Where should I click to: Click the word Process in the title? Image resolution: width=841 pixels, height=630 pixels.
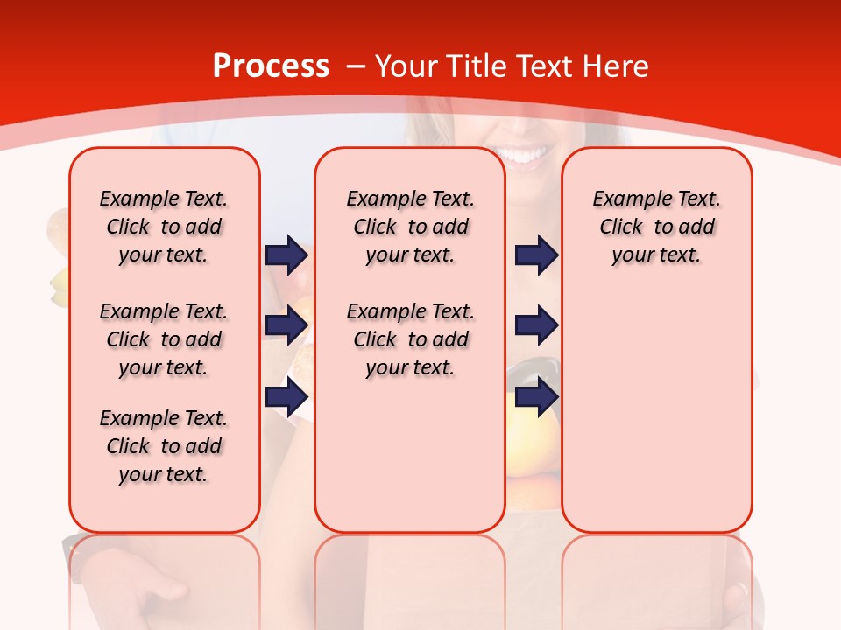click(x=271, y=66)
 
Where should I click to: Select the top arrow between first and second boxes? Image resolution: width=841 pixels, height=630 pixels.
click(x=286, y=255)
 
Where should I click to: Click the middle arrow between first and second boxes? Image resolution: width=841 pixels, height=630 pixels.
click(x=286, y=325)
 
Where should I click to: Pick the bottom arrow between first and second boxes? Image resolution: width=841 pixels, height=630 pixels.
click(x=286, y=397)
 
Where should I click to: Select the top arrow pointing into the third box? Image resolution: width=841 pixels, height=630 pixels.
click(x=536, y=255)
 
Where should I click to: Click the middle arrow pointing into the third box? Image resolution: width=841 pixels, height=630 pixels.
click(x=536, y=325)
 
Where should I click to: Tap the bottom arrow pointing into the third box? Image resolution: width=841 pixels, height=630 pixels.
click(x=536, y=397)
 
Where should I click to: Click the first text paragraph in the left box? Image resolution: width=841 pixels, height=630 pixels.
click(x=164, y=227)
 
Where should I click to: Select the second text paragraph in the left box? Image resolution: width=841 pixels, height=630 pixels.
click(x=164, y=339)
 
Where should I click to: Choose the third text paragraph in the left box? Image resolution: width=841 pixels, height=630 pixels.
click(x=164, y=446)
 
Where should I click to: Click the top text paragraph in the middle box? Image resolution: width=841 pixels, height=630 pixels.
click(x=410, y=227)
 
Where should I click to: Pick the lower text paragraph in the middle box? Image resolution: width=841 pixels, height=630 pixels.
click(x=410, y=339)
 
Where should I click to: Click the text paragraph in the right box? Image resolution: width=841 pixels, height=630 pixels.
click(x=656, y=227)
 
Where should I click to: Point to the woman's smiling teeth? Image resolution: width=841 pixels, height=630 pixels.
click(x=522, y=156)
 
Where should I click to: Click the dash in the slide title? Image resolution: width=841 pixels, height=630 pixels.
click(x=356, y=67)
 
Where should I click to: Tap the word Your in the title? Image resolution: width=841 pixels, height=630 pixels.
click(x=406, y=66)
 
